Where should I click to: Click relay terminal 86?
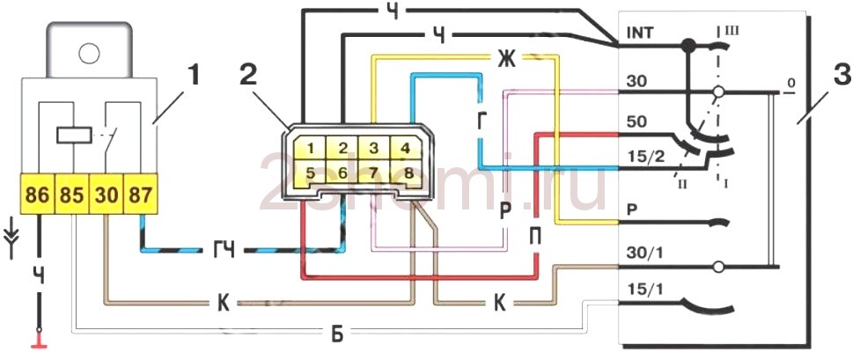(38, 195)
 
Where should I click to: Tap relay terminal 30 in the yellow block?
(106, 195)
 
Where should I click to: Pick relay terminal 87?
(140, 195)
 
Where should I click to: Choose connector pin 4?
(404, 148)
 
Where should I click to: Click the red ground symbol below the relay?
(38, 337)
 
